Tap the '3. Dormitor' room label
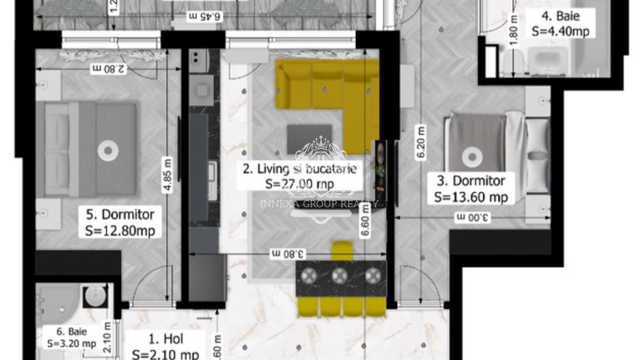pos(471,181)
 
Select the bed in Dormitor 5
pos(92,150)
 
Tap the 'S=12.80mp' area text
pos(120,231)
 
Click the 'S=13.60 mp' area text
pos(471,197)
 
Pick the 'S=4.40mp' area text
pos(560,31)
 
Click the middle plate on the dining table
pos(340,275)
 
